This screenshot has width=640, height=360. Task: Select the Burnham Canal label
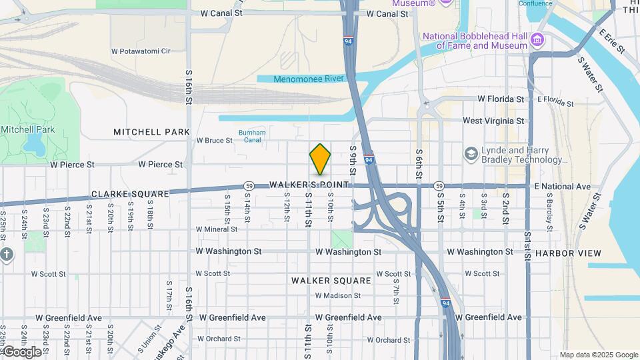[252, 137]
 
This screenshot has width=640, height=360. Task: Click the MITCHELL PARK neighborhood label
[151, 132]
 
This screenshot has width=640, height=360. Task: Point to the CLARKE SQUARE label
[130, 194]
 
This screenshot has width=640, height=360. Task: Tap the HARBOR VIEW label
[568, 253]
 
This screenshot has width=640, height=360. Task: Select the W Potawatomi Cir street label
[141, 51]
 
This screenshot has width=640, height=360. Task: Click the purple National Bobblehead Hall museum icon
[539, 41]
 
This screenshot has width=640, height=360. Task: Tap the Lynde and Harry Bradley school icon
[472, 155]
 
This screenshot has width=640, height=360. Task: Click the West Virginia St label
[493, 121]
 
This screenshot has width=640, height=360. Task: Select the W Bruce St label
[215, 141]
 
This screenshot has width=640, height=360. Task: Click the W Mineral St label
[217, 229]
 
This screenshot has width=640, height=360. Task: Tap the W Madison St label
[337, 295]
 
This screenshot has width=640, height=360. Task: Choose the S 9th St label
[353, 157]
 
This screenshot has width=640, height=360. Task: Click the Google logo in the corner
[21, 351]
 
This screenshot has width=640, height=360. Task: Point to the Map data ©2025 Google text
[599, 355]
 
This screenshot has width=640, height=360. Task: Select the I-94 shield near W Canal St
[349, 40]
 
